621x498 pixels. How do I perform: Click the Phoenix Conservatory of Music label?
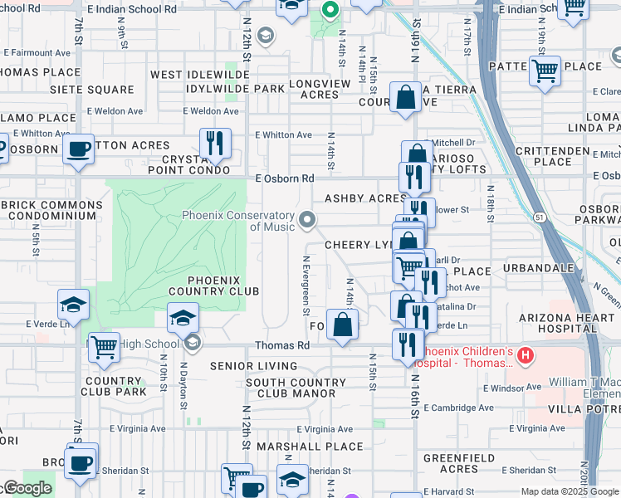[x=239, y=221]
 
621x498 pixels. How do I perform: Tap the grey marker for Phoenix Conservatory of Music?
[x=308, y=220]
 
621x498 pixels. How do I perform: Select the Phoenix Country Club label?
[x=214, y=286]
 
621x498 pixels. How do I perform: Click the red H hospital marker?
[x=525, y=356]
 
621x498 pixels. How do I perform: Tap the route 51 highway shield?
[x=539, y=217]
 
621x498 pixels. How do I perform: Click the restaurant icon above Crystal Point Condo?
[x=215, y=143]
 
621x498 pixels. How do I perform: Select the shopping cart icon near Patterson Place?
[x=545, y=71]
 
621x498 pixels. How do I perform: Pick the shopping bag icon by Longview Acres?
[x=404, y=97]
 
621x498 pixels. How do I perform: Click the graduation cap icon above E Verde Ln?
[x=73, y=304]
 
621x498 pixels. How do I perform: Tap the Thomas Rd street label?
[x=282, y=345]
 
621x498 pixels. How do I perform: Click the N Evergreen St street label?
[x=306, y=285]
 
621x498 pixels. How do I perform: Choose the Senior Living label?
[x=254, y=366]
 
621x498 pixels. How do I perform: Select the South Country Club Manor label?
[x=296, y=388]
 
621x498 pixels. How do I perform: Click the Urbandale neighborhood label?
[x=544, y=269]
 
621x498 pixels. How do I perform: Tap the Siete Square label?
[x=92, y=89]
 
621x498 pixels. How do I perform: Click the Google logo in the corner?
[x=27, y=488]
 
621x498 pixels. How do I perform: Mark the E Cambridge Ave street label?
[x=459, y=408]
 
